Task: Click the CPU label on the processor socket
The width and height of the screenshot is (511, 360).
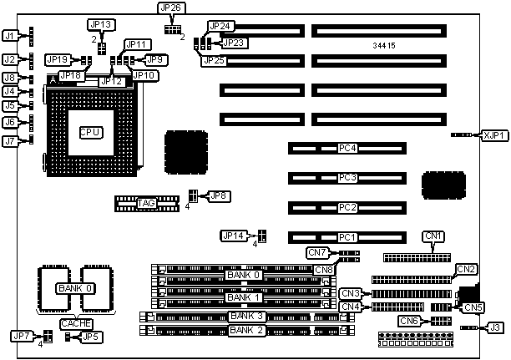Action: coord(90,132)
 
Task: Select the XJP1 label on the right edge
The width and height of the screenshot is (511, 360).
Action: coord(493,134)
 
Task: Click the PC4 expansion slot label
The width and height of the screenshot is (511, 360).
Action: coord(347,149)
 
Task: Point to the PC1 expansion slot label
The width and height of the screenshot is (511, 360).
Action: coord(347,236)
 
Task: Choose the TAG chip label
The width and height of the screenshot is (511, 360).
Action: coord(146,202)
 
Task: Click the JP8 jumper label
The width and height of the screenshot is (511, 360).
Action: coord(220,195)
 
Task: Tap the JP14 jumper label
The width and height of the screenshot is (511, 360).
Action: coord(233,236)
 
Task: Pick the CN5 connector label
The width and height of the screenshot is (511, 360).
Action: coord(474,307)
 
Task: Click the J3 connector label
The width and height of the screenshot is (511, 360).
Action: coord(496,327)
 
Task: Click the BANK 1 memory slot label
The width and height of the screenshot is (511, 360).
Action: coord(244,297)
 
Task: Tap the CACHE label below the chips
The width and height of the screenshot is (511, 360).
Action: coord(75,323)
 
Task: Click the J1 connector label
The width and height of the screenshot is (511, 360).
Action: coord(10,36)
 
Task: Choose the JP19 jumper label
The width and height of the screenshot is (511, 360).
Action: coord(58,59)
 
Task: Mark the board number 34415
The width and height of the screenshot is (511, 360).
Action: coord(386,44)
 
